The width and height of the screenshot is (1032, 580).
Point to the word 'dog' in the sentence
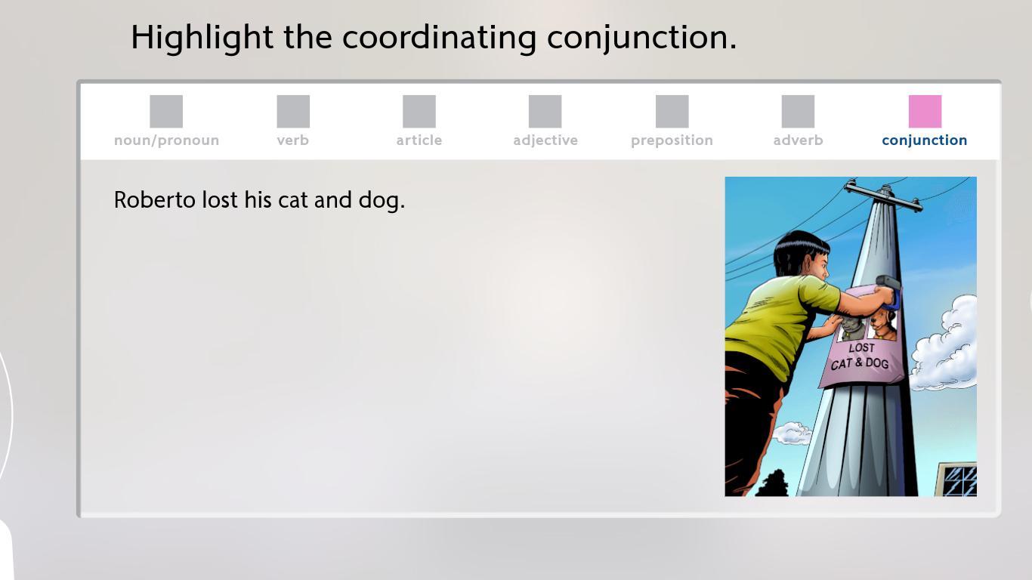pos(379,201)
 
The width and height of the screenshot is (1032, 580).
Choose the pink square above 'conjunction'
pos(925,112)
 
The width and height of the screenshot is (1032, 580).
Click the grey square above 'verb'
pos(293,112)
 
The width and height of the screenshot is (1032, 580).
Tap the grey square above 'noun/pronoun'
pos(166,112)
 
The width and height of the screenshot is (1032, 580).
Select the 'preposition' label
pos(672,140)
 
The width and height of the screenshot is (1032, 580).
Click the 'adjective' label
pos(545,140)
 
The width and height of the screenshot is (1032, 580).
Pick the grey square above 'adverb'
pos(798,112)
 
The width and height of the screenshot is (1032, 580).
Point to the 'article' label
pos(419,140)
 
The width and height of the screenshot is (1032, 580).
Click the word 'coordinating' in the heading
pos(439,38)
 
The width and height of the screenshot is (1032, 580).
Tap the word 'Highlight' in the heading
pos(202,38)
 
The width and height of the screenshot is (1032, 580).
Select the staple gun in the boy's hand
pos(890,290)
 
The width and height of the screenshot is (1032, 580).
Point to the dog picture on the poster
pos(882,325)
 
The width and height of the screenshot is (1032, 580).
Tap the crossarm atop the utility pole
pos(883,196)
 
